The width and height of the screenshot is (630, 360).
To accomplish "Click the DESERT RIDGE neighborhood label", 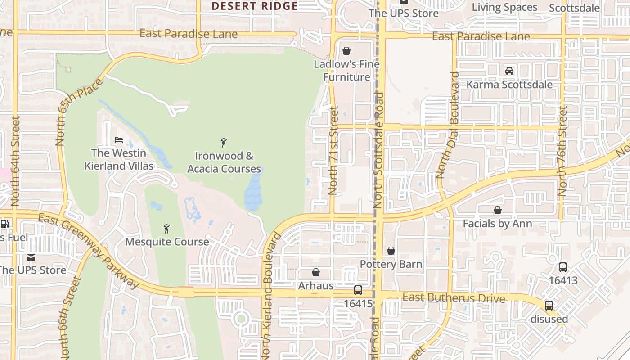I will [x=255, y=6].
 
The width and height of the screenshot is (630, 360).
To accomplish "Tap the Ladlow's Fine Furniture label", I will [x=346, y=71].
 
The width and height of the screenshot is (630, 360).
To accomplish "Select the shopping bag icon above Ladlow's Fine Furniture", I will [x=346, y=51].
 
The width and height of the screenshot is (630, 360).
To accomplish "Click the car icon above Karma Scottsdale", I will [x=509, y=71].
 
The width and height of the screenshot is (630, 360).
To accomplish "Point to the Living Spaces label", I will [x=504, y=7].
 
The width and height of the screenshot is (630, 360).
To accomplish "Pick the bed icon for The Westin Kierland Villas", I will [x=119, y=140].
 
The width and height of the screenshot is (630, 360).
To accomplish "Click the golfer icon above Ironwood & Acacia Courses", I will [x=224, y=143].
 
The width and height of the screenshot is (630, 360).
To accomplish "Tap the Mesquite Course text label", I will [x=167, y=242].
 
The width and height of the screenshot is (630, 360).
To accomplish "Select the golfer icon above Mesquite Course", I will [x=166, y=229].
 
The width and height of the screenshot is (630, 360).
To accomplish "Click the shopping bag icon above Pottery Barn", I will [x=391, y=251].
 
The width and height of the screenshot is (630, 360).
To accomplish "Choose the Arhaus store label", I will [x=316, y=286].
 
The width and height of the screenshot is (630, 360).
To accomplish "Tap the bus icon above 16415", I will [x=358, y=290].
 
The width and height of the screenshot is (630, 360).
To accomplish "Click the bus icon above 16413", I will [x=563, y=267].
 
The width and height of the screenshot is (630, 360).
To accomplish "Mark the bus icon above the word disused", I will [x=549, y=306].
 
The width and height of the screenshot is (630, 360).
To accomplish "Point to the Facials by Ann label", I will [x=497, y=224].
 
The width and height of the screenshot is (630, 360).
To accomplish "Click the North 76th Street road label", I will [x=562, y=157].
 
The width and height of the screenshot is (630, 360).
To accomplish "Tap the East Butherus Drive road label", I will [x=454, y=298].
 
